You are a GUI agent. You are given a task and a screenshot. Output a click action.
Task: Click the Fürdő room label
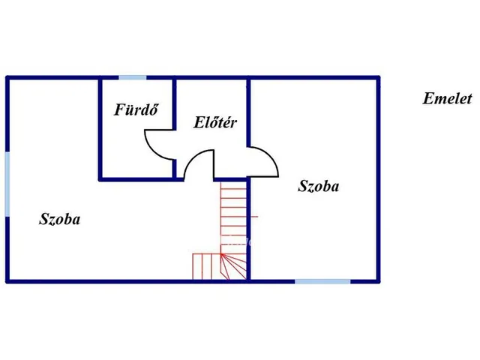[x=136, y=110]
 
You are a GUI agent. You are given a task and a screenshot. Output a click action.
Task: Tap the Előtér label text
[x=215, y=122]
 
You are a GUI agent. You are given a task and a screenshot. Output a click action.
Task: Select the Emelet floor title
[x=447, y=98]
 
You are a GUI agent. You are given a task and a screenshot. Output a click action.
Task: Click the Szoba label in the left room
[x=60, y=219]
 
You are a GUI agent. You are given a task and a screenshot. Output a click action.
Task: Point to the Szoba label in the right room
[x=318, y=186]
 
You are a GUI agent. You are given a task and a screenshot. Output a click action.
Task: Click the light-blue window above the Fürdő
[x=133, y=78]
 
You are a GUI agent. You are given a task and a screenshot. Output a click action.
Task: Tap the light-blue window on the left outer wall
[x=7, y=184]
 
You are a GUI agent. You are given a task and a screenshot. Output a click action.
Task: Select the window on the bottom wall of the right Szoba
[x=322, y=281]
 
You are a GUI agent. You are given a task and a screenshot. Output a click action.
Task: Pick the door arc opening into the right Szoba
[x=270, y=156]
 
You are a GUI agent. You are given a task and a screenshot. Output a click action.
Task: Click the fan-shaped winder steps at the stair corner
[x=234, y=266]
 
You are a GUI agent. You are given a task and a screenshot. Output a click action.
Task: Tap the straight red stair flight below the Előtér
[x=233, y=216]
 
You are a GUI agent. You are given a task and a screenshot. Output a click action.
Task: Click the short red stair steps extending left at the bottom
[x=207, y=266]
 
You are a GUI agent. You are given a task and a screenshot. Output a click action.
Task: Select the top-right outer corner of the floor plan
[x=379, y=76]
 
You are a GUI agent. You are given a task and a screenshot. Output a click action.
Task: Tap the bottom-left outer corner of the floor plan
[x=6, y=283]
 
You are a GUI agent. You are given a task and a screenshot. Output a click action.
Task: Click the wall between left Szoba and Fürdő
[x=100, y=128]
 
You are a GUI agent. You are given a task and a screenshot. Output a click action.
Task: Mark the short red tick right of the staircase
[x=254, y=217]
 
